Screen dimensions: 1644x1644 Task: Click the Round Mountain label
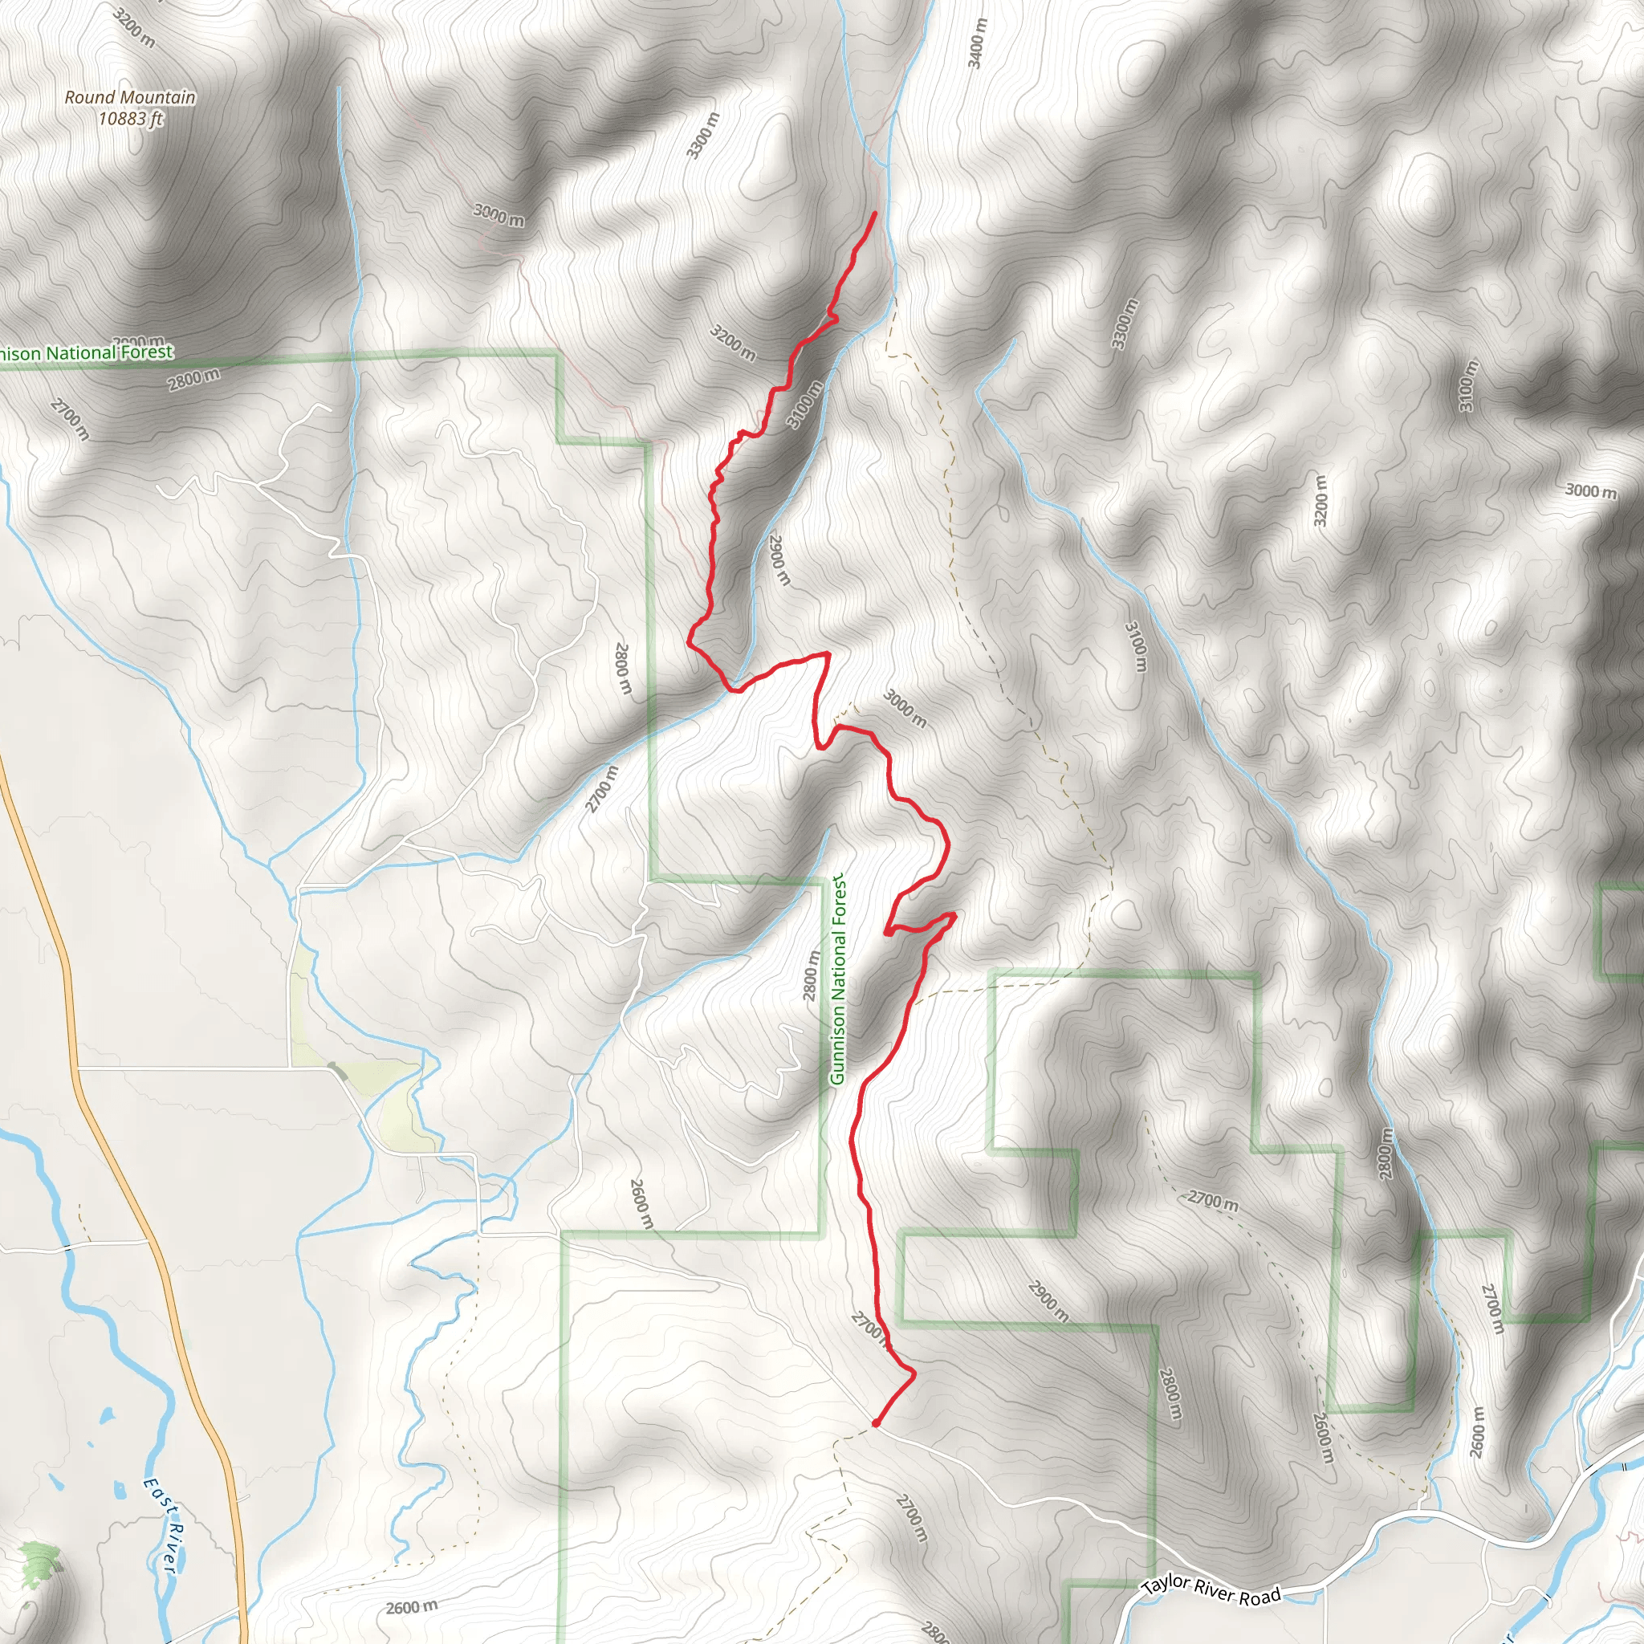click(x=130, y=97)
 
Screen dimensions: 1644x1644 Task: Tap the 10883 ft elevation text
click(x=130, y=118)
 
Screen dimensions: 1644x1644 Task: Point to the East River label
click(x=161, y=1525)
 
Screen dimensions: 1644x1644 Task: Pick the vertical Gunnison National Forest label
click(x=838, y=979)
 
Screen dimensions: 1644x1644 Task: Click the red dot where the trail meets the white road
click(x=876, y=1422)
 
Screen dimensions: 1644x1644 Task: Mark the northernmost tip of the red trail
click(x=875, y=212)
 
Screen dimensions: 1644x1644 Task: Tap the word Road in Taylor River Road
click(x=1259, y=1597)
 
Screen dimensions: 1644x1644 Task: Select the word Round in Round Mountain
click(x=88, y=97)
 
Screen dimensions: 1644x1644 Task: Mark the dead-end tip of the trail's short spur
click(x=889, y=934)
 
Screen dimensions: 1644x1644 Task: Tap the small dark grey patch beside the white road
click(x=338, y=1072)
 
